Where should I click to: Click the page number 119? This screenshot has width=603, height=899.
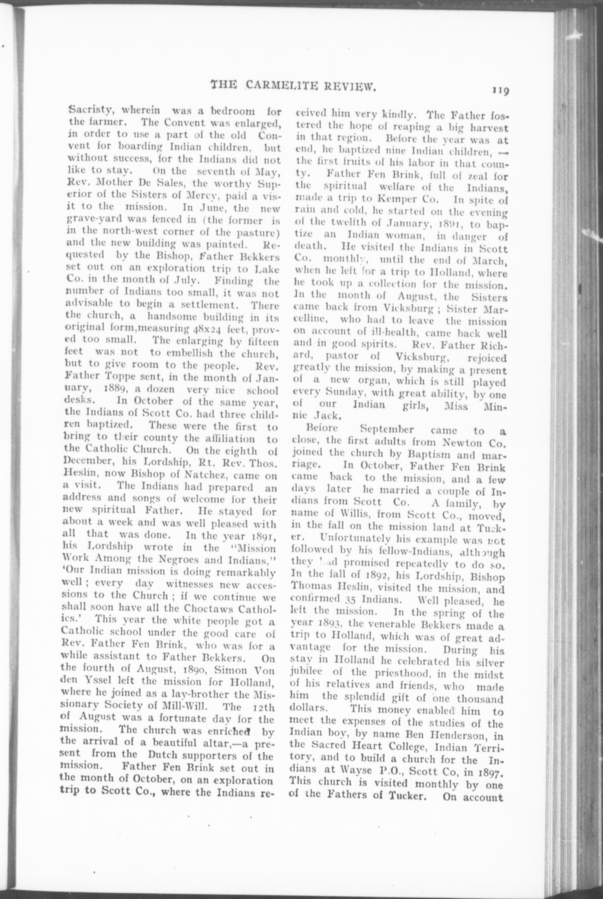(x=499, y=91)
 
